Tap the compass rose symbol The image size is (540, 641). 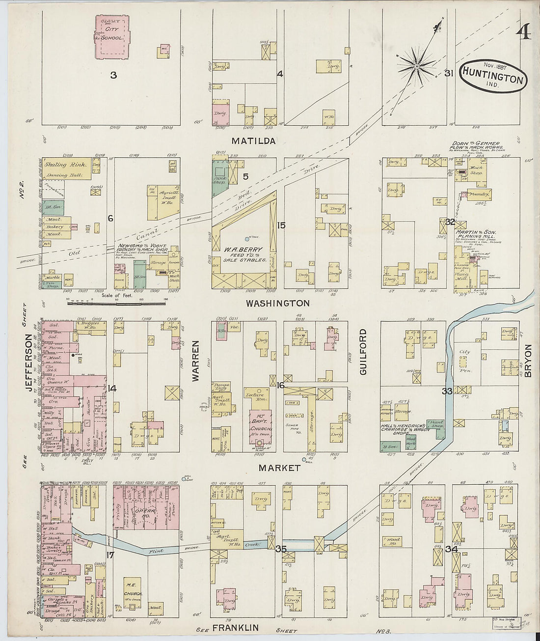(417, 65)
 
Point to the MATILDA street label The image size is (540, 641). (254, 141)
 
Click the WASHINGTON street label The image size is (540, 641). (278, 303)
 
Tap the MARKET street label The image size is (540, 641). (280, 468)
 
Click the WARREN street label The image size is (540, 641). (196, 361)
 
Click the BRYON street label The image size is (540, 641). (528, 361)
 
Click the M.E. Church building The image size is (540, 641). (133, 597)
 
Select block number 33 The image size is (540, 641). (447, 391)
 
